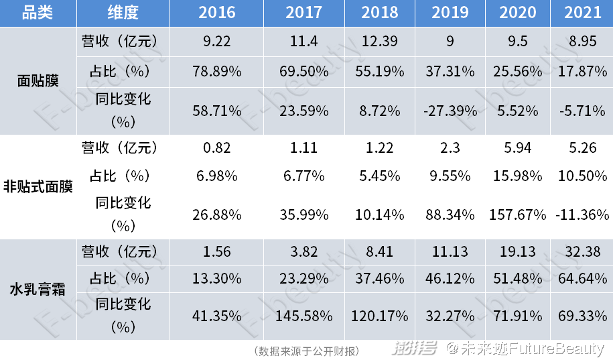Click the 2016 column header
pyautogui.click(x=216, y=13)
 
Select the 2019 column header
pyautogui.click(x=450, y=13)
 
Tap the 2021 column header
pyautogui.click(x=582, y=13)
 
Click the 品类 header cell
pyautogui.click(x=37, y=13)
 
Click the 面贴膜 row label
pyautogui.click(x=38, y=81)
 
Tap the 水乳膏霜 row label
pyautogui.click(x=38, y=290)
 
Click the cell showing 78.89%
pyautogui.click(x=216, y=70)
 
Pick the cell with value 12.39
pyautogui.click(x=380, y=42)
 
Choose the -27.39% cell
pyautogui.click(x=450, y=111)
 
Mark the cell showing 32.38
pyautogui.click(x=582, y=252)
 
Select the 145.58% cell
pyautogui.click(x=303, y=315)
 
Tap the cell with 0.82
pyautogui.click(x=216, y=147)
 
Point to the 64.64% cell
pyautogui.click(x=582, y=278)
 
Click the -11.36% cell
pyautogui.click(x=582, y=215)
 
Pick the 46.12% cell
pyautogui.click(x=450, y=278)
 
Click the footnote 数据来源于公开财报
pyautogui.click(x=308, y=351)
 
